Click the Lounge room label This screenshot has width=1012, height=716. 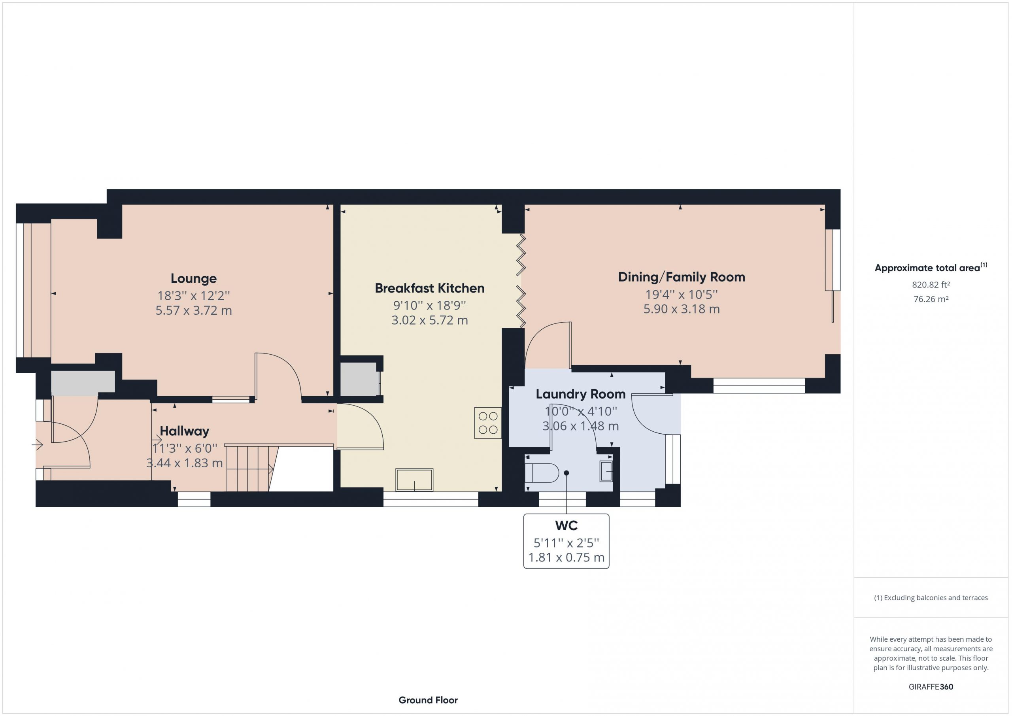coord(193,279)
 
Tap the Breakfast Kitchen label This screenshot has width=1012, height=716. coord(430,288)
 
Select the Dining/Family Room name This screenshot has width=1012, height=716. coord(682,277)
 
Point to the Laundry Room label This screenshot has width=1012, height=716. coord(580,394)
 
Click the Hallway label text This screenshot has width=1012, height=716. coord(184,431)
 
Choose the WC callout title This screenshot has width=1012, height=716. coord(566,525)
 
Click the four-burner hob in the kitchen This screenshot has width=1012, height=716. coord(488,423)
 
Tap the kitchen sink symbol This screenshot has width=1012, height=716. coord(414,480)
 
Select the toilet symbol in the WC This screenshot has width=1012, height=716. coord(542,473)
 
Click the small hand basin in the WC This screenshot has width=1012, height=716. coord(606,471)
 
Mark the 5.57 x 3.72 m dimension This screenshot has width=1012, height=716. coord(193,310)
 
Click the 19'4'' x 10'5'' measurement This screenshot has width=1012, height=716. coord(682,295)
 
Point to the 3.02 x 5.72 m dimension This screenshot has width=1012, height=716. coord(430,320)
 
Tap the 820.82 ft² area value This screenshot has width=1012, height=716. coord(931,285)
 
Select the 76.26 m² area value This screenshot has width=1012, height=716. coord(931,299)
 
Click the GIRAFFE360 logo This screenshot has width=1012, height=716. coord(931,687)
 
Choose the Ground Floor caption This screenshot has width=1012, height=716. coord(428,700)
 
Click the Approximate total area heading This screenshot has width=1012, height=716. coord(931,267)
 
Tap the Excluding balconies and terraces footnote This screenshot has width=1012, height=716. coord(931,598)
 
